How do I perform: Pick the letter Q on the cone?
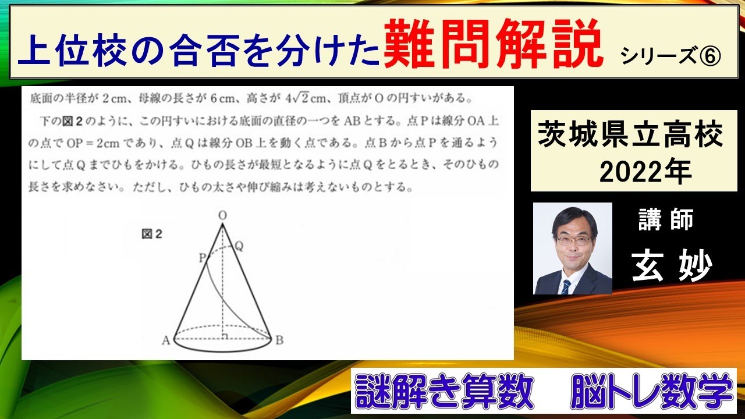239,246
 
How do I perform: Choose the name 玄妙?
672,267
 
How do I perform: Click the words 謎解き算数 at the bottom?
445,393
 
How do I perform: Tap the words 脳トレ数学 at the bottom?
652,393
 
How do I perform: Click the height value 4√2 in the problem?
294,96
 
